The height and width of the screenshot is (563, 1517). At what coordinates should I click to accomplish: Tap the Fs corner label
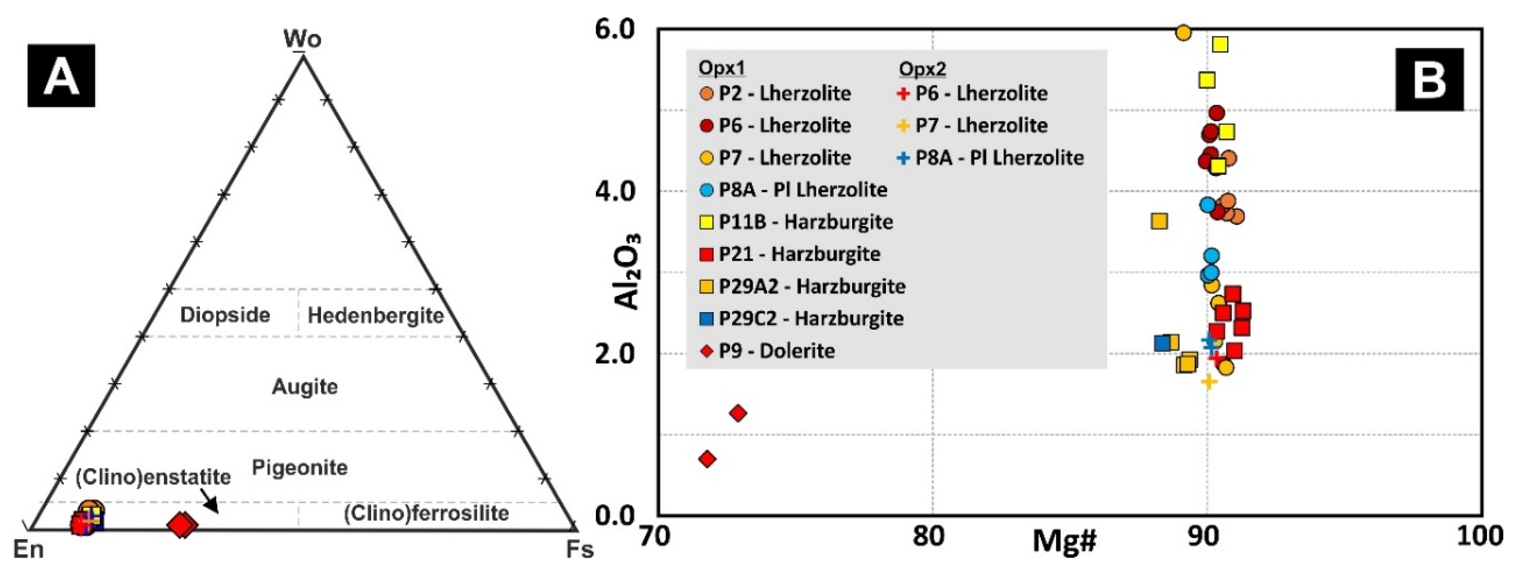point(580,549)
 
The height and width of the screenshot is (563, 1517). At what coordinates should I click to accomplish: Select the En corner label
point(28,549)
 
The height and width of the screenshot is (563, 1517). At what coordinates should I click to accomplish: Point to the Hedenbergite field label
point(376,316)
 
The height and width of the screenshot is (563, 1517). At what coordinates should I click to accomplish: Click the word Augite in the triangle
point(305,387)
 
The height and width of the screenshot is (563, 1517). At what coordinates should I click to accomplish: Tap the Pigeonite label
point(300,467)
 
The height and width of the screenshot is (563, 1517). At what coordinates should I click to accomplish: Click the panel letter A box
point(61,75)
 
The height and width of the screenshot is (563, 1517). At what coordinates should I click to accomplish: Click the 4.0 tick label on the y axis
point(615,191)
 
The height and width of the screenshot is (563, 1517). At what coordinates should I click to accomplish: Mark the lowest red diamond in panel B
point(707,459)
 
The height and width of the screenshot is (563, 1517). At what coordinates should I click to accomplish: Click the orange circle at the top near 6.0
point(1183,33)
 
